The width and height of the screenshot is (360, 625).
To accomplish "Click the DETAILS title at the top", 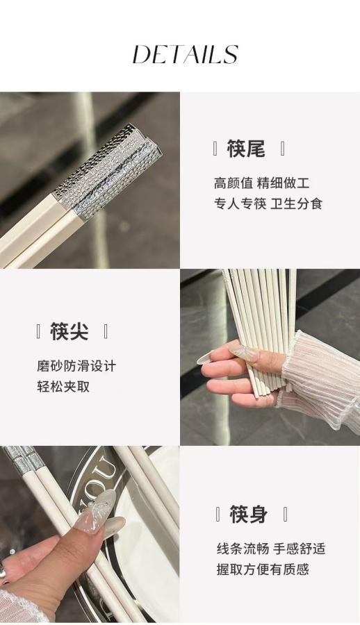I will point(185,54).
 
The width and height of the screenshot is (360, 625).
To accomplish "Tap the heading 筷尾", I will point(246,148).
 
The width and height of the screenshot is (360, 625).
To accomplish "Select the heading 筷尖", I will point(69,331).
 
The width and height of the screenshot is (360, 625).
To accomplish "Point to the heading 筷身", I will point(248,514).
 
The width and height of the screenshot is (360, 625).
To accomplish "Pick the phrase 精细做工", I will point(283,183).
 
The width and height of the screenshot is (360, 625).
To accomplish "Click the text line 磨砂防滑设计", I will point(76,365).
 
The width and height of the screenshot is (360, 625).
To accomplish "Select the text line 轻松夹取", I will point(63,386).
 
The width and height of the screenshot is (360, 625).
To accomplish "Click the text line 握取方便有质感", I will point(262,569).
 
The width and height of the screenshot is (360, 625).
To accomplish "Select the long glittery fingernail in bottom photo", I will point(97,510).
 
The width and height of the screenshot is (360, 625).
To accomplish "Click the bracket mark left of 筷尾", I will point(215,148).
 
